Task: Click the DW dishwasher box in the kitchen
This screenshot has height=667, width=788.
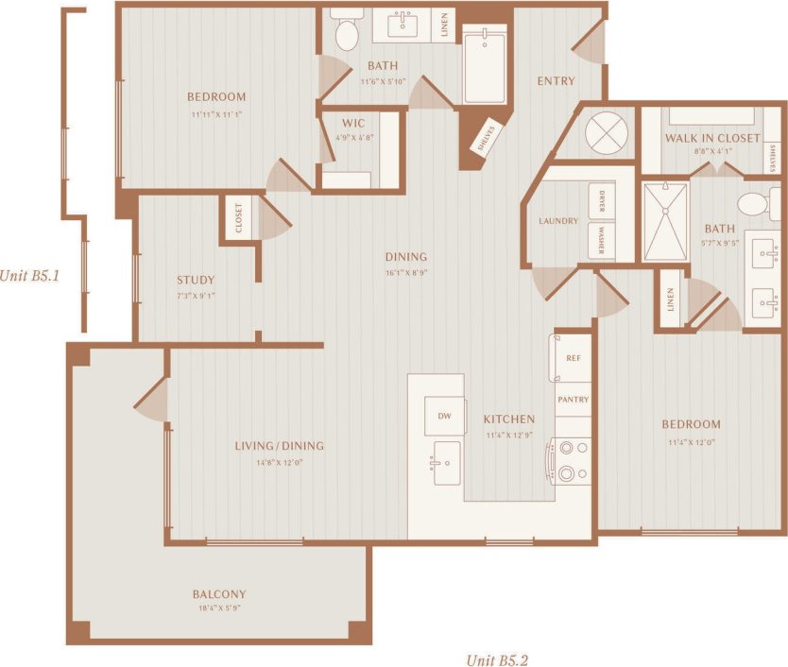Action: pyautogui.click(x=444, y=417)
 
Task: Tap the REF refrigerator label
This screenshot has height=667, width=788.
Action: pyautogui.click(x=573, y=359)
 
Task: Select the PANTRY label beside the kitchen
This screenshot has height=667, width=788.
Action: pyautogui.click(x=573, y=400)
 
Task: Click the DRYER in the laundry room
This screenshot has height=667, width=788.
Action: pyautogui.click(x=601, y=202)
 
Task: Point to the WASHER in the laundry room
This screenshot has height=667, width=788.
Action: pyautogui.click(x=601, y=242)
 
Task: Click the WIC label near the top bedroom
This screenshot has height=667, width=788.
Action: pyautogui.click(x=354, y=123)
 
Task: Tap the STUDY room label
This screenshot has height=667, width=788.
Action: pyautogui.click(x=196, y=280)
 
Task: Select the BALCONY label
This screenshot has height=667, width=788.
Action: pyautogui.click(x=219, y=594)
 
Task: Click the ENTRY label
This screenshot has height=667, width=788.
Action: pyautogui.click(x=556, y=81)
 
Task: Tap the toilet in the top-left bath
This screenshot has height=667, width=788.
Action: pyautogui.click(x=347, y=35)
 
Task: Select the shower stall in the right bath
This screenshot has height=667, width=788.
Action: pyautogui.click(x=665, y=222)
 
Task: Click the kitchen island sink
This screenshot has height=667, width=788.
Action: pyautogui.click(x=447, y=463)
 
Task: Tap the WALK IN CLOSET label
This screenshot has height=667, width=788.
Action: pyautogui.click(x=711, y=138)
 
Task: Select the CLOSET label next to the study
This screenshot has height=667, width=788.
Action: pyautogui.click(x=239, y=217)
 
